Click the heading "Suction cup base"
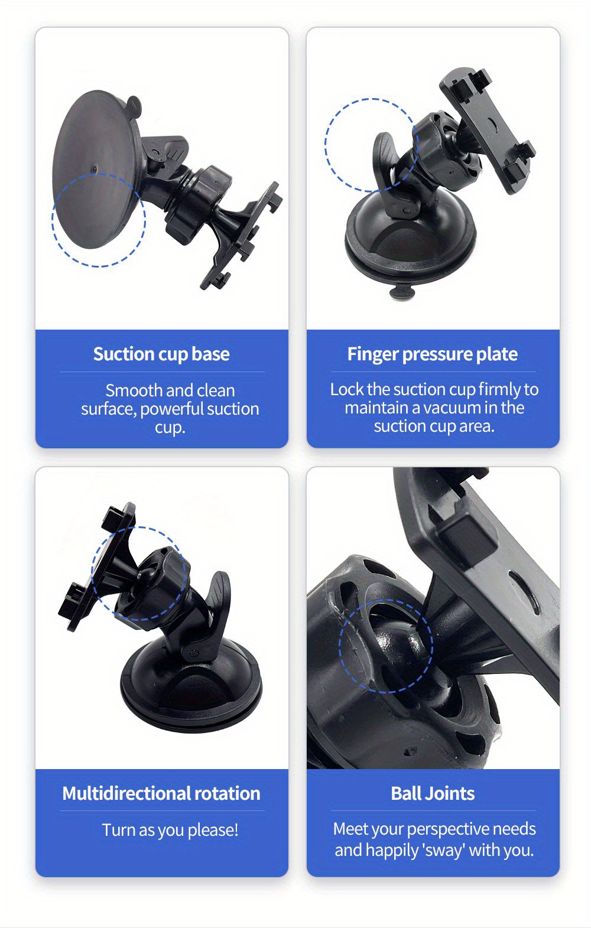point(161,354)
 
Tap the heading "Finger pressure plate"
point(433,354)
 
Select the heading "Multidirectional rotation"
point(161,793)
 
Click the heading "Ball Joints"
point(433,793)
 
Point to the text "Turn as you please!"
point(170,830)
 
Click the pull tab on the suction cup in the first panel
point(134,106)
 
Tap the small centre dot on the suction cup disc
point(95,169)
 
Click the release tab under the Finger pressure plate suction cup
point(402,291)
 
